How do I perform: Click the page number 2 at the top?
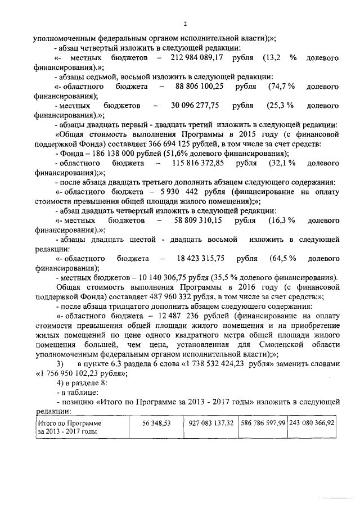184,23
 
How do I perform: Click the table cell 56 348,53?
156,422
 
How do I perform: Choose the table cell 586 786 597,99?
263,422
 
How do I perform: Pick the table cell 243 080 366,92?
312,422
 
